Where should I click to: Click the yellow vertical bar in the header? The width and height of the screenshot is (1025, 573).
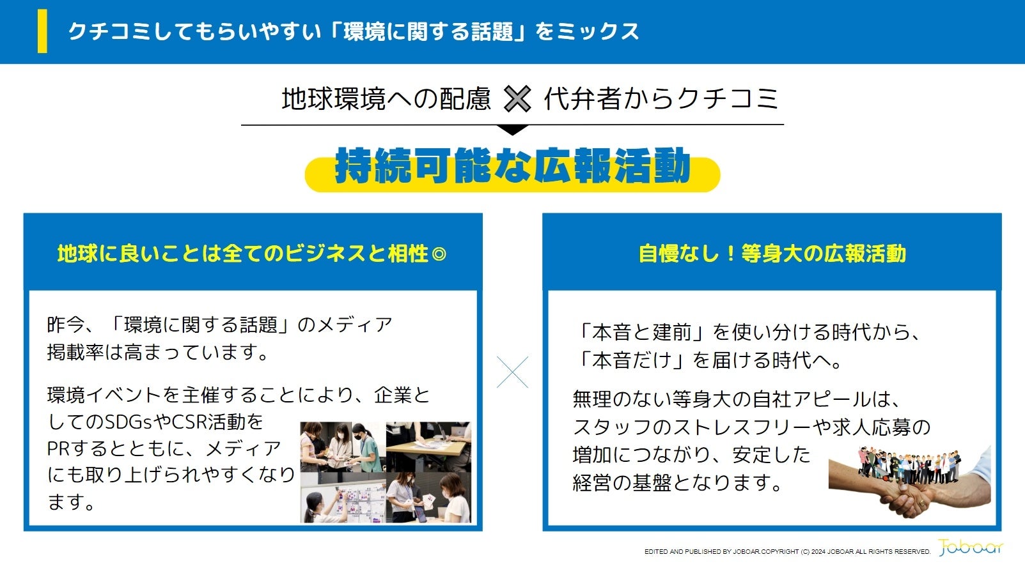click(42, 31)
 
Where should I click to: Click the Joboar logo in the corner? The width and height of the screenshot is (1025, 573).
click(971, 547)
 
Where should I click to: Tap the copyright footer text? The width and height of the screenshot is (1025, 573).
click(788, 551)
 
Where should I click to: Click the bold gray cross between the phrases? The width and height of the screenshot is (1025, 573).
click(517, 99)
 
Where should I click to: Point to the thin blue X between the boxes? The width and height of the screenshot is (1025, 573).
click(513, 372)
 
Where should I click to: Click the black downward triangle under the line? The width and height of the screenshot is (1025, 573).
click(513, 130)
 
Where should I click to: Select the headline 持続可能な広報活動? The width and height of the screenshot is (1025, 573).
click(513, 165)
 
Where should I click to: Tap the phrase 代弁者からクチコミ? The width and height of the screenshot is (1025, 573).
click(661, 99)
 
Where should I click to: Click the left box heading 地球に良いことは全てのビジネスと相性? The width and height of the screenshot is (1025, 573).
click(242, 254)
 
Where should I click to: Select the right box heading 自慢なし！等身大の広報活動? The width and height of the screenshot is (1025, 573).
click(772, 254)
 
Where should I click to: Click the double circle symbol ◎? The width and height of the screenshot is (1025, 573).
click(439, 254)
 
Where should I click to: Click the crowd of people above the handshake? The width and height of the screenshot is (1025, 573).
click(909, 466)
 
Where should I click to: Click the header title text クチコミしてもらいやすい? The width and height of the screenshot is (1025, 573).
click(194, 31)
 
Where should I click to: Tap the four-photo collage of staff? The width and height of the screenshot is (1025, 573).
click(386, 472)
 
